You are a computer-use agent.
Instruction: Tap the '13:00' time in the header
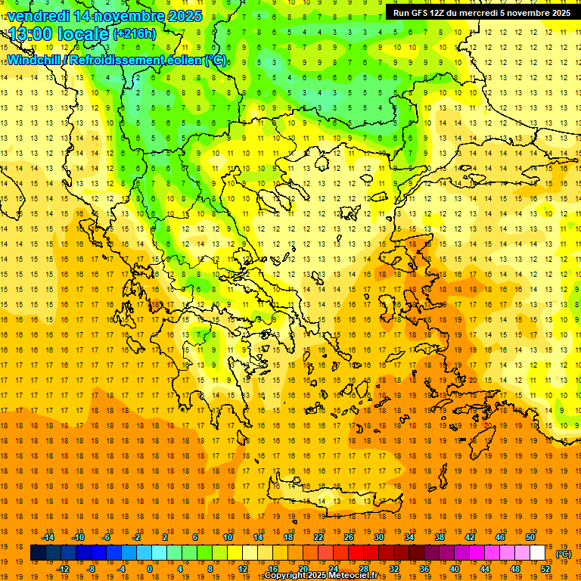[x=31, y=33]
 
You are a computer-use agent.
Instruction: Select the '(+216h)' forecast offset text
[x=134, y=34]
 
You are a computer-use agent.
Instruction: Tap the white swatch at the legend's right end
[x=538, y=553]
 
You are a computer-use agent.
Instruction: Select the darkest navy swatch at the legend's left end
[x=38, y=553]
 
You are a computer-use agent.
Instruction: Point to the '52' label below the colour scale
[x=545, y=569]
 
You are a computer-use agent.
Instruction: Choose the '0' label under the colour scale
[x=149, y=569]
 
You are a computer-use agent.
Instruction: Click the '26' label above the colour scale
[x=349, y=537]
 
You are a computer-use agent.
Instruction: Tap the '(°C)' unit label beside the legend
[x=563, y=554]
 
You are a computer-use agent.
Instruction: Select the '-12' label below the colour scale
[x=63, y=569]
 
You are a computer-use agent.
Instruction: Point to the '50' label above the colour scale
[x=530, y=537]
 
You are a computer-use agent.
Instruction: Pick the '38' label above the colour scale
[x=440, y=537]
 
